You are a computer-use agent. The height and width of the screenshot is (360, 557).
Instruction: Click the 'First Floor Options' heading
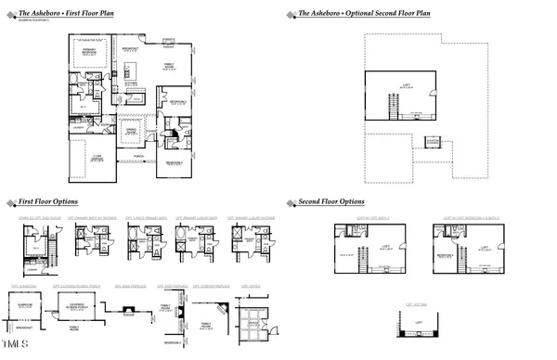pyautogui.click(x=47, y=201)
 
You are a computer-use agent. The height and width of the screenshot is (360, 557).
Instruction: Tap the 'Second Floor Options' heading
pyautogui.click(x=330, y=201)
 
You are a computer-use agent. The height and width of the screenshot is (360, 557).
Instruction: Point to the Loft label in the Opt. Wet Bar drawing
pyautogui.click(x=419, y=322)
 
